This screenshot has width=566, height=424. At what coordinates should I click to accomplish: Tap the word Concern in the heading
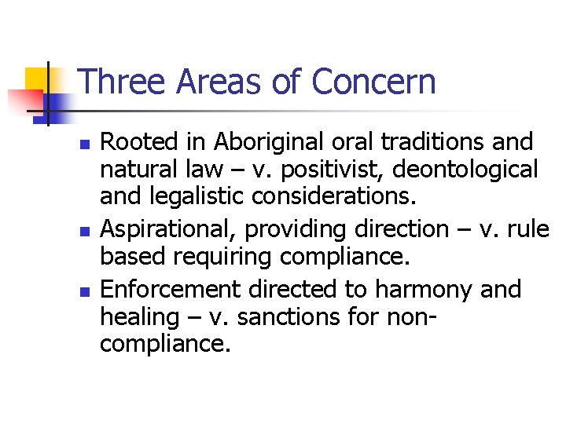[373, 82]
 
